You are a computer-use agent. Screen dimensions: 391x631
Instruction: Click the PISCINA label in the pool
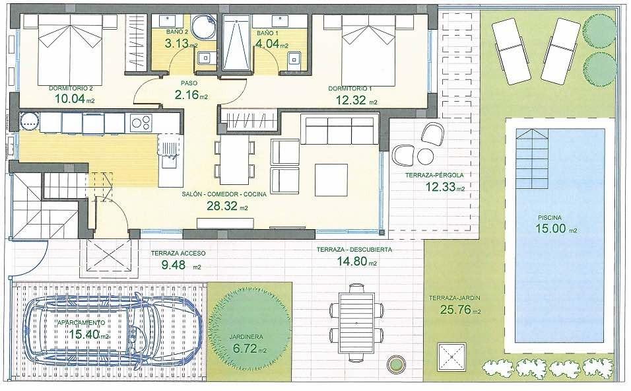549,217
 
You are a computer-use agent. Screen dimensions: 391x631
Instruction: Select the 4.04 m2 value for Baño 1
269,46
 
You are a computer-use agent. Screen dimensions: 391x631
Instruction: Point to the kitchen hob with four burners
141,122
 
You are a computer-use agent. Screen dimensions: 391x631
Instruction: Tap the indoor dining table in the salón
234,159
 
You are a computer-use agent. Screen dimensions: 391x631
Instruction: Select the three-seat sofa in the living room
339,129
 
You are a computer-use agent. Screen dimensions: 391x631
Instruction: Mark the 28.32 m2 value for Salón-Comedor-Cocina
224,207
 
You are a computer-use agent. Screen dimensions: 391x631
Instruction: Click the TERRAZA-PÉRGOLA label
434,176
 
